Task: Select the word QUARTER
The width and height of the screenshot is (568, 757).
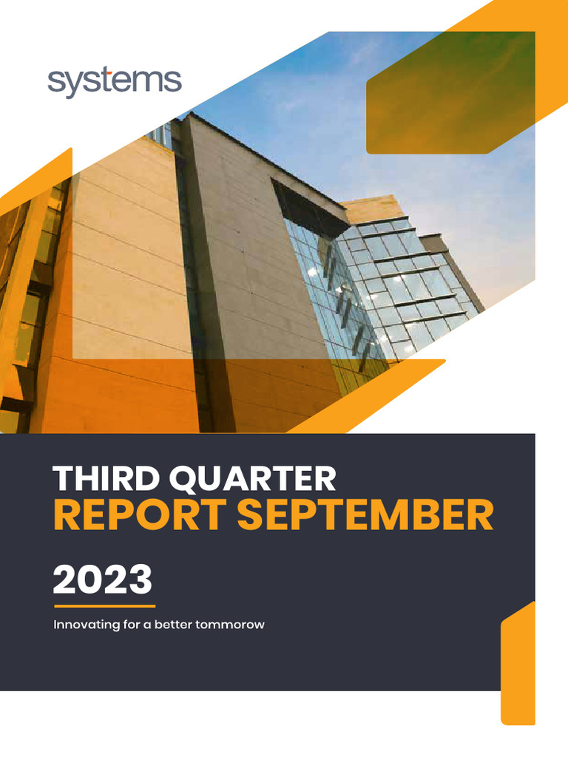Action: pyautogui.click(x=252, y=480)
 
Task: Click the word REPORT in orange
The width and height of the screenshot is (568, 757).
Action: pyautogui.click(x=138, y=515)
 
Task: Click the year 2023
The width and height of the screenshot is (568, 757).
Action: pyautogui.click(x=102, y=580)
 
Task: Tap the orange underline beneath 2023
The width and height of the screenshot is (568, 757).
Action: pyautogui.click(x=104, y=606)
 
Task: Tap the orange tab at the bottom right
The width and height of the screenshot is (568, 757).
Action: pyautogui.click(x=518, y=665)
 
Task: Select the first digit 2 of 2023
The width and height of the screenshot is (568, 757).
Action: pyautogui.click(x=65, y=580)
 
